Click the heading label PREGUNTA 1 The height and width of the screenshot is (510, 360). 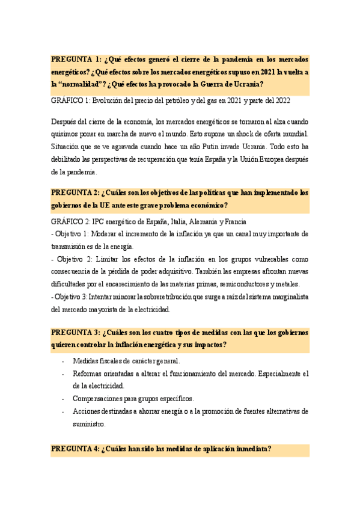pos(75,60)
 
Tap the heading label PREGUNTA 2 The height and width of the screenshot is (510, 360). pos(75,193)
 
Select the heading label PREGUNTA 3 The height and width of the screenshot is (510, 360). pos(75,333)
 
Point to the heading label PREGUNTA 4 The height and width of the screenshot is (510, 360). pos(75,449)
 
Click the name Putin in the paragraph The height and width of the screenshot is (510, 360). pos(207,146)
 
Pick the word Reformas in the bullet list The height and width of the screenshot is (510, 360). pos(88,373)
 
